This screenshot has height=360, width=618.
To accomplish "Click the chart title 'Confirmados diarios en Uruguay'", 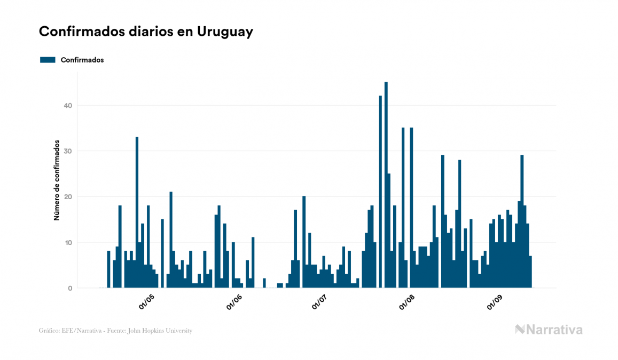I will (x=146, y=32).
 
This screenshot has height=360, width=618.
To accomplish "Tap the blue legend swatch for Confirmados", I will (x=48, y=60).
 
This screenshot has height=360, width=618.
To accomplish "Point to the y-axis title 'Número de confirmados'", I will (x=56, y=181).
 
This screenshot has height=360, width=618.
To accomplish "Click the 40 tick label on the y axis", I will (x=67, y=106).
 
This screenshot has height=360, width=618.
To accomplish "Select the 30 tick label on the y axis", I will (x=67, y=151).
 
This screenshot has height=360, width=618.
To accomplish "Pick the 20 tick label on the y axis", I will (x=67, y=197).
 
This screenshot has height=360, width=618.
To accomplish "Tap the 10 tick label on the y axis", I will (x=67, y=242).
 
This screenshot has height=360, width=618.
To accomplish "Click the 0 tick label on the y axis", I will (x=69, y=288).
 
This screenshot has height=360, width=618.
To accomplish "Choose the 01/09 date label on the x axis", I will (x=496, y=301).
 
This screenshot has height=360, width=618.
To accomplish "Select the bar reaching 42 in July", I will (x=380, y=192).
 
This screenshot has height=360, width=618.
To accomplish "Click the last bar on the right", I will (x=530, y=272).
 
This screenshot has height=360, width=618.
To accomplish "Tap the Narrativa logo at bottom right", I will (x=549, y=330).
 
